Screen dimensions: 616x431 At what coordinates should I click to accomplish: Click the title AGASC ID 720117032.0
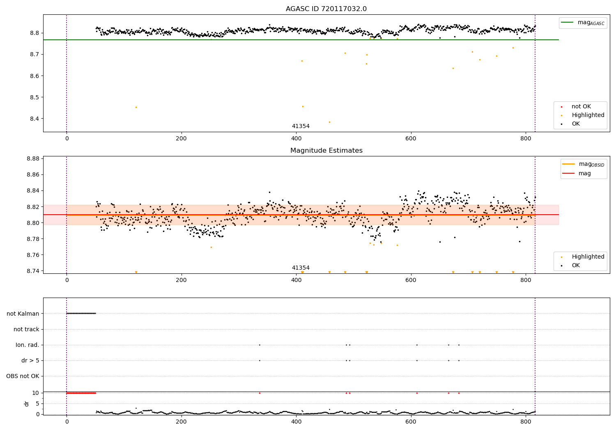point(326,9)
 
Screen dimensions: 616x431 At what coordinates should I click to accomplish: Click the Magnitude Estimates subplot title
point(326,150)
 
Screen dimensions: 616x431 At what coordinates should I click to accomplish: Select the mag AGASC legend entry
point(583,23)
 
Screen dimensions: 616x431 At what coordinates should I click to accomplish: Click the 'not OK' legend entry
point(576,106)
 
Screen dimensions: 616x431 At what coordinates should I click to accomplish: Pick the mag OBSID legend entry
point(583,164)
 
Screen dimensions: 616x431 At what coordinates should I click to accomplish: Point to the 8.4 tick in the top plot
point(34,119)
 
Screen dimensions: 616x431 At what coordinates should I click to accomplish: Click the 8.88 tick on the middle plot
point(33,158)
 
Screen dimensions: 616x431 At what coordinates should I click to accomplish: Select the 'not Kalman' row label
point(23,314)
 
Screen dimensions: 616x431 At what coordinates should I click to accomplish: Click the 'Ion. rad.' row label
point(27,345)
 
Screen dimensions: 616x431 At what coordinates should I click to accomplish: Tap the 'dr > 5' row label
point(30,360)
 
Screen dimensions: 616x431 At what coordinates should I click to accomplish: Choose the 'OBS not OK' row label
point(23,376)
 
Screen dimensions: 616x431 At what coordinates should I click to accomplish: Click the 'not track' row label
point(26,329)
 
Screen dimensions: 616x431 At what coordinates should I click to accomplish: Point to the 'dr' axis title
point(26,403)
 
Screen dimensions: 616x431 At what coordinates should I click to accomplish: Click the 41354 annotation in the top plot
point(301,126)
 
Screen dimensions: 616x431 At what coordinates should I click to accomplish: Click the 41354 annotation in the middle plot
point(301,268)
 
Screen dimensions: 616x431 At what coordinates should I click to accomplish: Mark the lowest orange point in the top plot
point(329,122)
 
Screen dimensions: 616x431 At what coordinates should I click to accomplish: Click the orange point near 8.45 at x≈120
point(136,108)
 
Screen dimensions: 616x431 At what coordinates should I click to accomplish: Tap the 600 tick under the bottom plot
point(411,422)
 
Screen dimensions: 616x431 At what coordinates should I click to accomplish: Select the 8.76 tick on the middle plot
point(33,255)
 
